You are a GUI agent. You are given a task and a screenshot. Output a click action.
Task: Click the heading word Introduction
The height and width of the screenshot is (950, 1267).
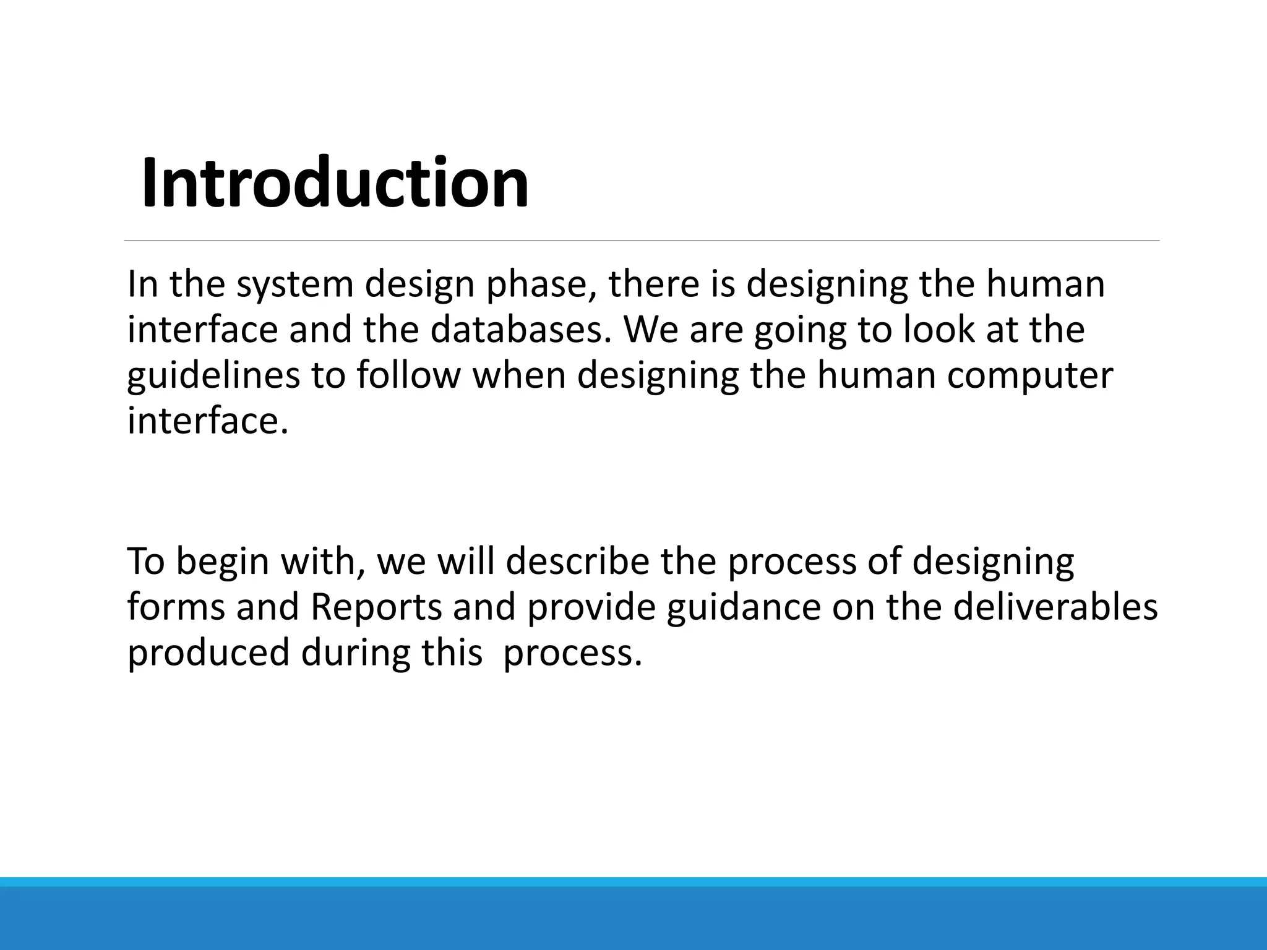tap(335, 184)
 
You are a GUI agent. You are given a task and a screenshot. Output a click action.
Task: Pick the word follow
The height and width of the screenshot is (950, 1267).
tap(408, 375)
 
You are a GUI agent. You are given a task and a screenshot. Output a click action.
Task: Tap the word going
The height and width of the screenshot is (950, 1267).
tap(800, 330)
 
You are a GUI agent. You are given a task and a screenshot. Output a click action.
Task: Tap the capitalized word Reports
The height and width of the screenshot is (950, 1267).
tap(376, 607)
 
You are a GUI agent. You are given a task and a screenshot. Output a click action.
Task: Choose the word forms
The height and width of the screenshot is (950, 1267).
tap(176, 607)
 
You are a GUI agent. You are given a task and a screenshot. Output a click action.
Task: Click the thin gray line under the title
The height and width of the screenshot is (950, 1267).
tap(641, 241)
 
